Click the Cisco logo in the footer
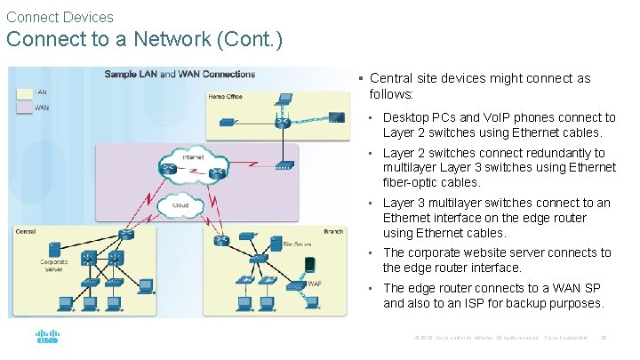click(46, 339)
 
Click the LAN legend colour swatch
click(24, 92)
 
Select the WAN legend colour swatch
click(24, 108)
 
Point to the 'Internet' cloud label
click(193, 157)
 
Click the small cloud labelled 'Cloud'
click(180, 206)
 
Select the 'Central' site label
click(26, 231)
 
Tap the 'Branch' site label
click(332, 231)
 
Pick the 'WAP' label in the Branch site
click(314, 284)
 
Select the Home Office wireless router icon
click(283, 122)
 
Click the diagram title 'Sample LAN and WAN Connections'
click(180, 74)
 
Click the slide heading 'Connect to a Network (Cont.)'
click(144, 41)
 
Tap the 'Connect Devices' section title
click(60, 17)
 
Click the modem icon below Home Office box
click(284, 165)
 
